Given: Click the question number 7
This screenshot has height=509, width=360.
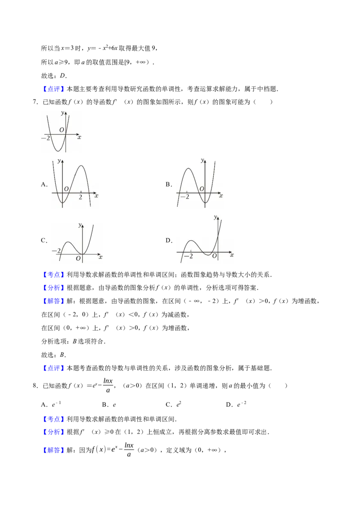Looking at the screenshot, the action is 36,102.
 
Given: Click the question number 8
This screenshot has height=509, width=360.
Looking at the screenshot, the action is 36,386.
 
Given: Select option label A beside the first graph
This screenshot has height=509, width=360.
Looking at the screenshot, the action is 44,184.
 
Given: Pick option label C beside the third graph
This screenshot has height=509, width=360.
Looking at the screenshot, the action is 44,241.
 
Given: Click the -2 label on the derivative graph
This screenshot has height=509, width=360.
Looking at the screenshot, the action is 46,138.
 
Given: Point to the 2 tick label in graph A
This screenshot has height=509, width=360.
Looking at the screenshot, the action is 81,197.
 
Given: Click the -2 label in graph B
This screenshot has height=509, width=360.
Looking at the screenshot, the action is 185,196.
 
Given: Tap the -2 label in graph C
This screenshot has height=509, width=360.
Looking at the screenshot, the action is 56,250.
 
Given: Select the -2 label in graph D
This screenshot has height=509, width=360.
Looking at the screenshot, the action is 189,256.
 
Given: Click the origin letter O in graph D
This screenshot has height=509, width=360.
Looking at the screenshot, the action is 215,256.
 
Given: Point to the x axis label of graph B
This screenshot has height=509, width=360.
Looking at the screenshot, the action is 221,196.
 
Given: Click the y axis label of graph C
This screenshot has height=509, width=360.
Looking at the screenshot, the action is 80,225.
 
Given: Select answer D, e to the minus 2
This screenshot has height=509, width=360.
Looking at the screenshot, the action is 236,404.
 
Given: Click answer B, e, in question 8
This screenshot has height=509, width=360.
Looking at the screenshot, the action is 109,405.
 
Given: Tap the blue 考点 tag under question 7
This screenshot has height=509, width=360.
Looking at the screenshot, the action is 54,275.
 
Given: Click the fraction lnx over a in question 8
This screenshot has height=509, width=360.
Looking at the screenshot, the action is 108,385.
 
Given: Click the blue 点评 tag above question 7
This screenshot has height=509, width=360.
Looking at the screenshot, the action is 54,89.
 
